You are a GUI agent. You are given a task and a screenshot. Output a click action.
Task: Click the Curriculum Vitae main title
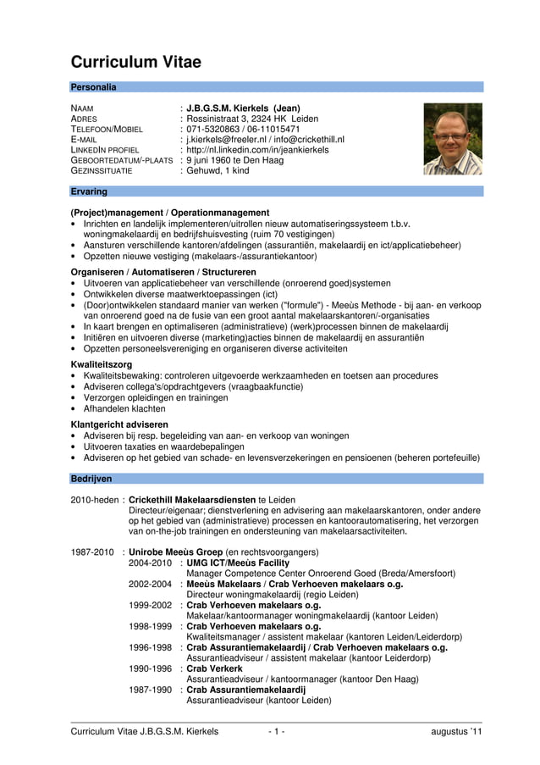(x=135, y=62)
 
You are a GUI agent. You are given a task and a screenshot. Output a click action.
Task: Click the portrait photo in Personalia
(x=452, y=139)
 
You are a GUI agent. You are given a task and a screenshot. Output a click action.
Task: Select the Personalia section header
(x=94, y=87)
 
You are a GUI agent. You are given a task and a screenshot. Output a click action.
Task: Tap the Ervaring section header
(x=89, y=191)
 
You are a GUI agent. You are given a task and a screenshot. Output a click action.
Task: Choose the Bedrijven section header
(x=91, y=479)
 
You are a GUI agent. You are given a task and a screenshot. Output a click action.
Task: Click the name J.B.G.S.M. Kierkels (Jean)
(x=243, y=108)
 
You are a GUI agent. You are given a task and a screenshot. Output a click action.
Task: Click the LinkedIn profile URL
(x=257, y=150)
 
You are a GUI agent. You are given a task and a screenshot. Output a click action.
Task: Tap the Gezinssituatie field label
(x=102, y=170)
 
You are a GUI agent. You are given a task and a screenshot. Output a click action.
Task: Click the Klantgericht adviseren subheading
(x=119, y=424)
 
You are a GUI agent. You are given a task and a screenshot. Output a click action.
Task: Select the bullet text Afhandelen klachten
(x=124, y=407)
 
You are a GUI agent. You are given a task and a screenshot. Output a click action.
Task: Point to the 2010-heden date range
(x=95, y=500)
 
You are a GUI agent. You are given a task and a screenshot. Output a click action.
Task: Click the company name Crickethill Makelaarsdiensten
(x=192, y=500)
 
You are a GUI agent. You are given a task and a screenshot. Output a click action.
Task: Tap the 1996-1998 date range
(x=151, y=647)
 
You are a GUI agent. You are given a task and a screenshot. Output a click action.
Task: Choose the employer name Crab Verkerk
(x=214, y=668)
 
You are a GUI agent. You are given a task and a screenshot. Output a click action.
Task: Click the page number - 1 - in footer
(x=276, y=731)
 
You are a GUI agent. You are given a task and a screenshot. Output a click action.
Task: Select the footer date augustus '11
(x=455, y=731)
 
